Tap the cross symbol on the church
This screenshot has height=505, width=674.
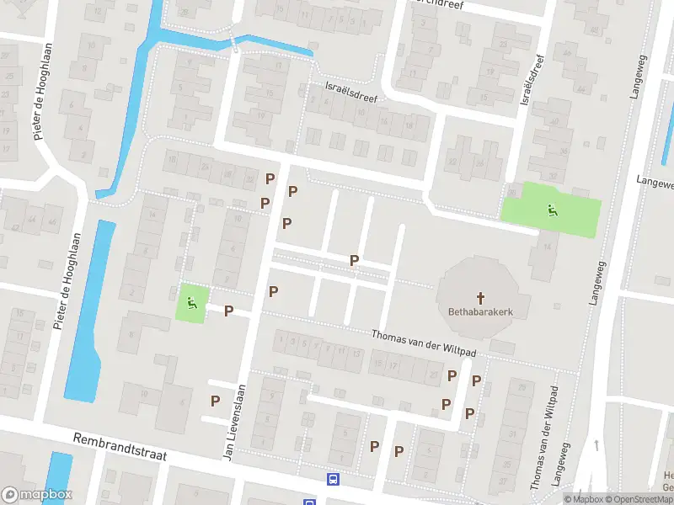(481, 297)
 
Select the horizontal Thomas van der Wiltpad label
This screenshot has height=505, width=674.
(425, 335)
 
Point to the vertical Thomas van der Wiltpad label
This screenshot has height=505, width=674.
(543, 438)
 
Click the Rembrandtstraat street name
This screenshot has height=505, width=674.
(120, 447)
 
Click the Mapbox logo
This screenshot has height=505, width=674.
(37, 495)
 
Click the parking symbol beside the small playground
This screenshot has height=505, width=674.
(228, 311)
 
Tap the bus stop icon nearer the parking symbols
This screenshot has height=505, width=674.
(333, 480)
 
